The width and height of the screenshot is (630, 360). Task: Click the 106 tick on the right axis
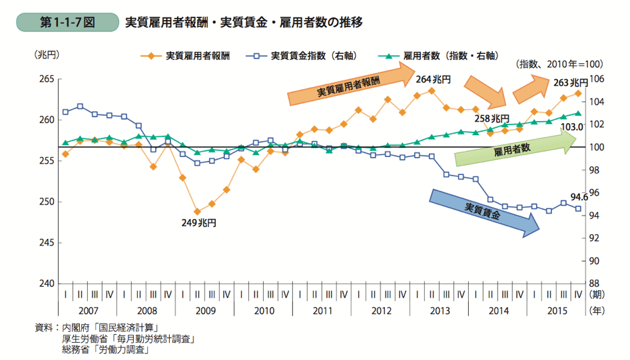[597, 79]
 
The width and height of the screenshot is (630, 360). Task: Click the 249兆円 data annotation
[199, 223]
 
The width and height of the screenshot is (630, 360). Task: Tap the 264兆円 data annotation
[433, 79]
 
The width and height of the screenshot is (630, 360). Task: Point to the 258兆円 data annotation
[491, 118]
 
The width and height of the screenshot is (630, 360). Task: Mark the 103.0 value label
[573, 126]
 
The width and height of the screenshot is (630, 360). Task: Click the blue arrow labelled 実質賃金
[484, 211]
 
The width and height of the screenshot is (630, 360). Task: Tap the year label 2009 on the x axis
[205, 310]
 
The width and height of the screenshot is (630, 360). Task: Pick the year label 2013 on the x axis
[440, 310]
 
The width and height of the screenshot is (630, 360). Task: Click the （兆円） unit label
[47, 55]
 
